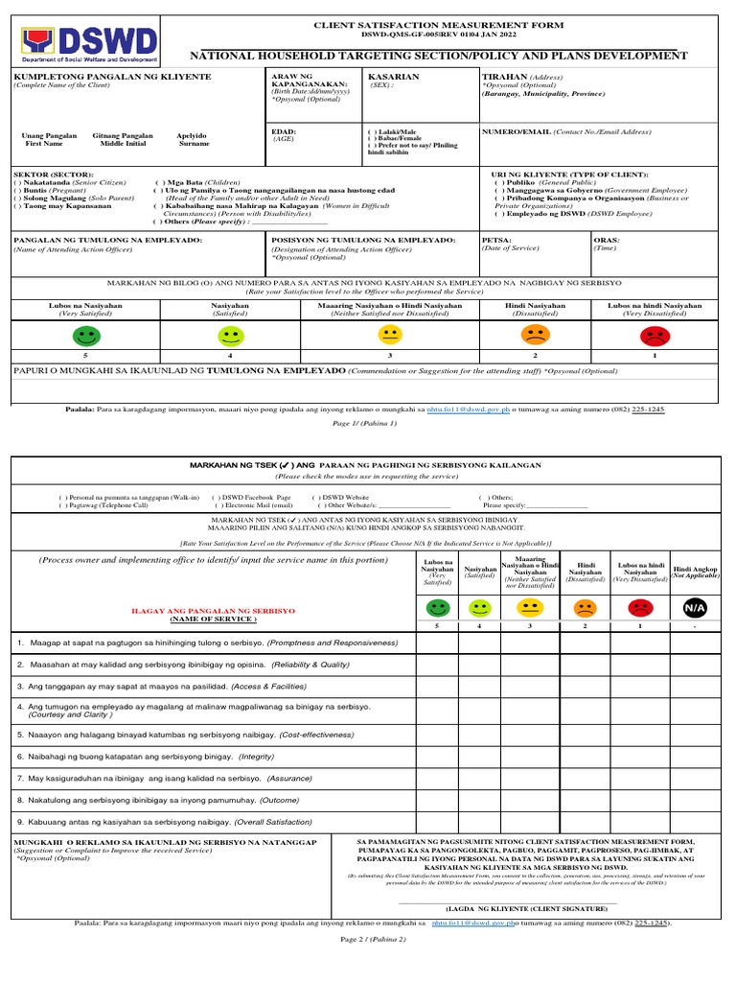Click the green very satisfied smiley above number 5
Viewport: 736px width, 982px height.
tap(86, 336)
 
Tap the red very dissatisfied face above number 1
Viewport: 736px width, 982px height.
tap(655, 336)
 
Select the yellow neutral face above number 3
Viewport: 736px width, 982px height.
tap(389, 336)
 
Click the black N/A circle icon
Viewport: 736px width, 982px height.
tap(694, 608)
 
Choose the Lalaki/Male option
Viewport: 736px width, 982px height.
tap(394, 131)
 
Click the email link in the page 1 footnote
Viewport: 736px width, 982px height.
tap(468, 409)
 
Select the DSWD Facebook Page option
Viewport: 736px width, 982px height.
tap(256, 498)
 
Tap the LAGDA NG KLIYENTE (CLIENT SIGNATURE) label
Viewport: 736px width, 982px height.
tap(526, 907)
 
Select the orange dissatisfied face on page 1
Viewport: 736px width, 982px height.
tap(533, 336)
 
